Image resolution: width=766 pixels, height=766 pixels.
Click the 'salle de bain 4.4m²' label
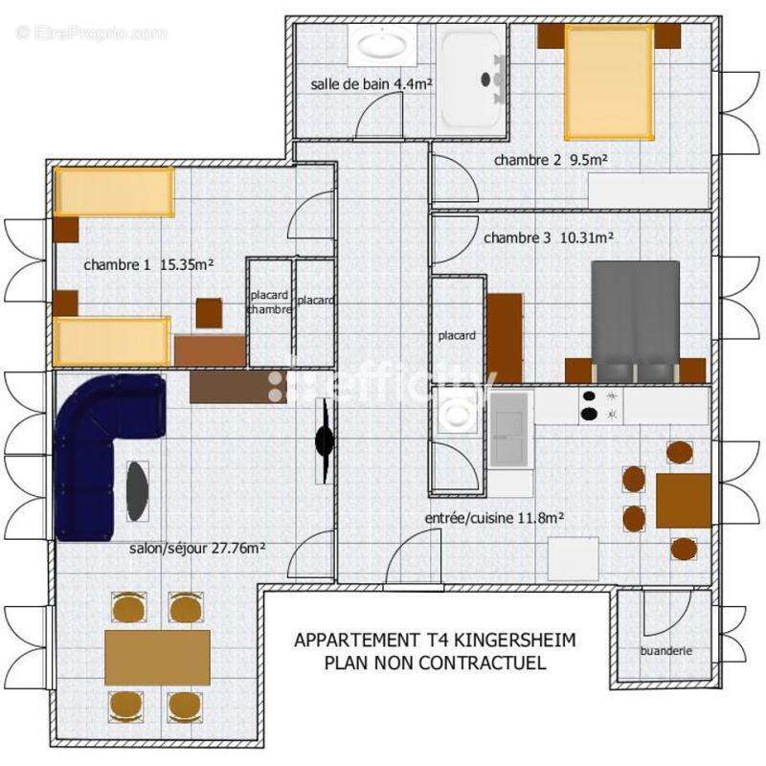pyautogui.click(x=372, y=84)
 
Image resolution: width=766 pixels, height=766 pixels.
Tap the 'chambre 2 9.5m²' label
pyautogui.click(x=552, y=160)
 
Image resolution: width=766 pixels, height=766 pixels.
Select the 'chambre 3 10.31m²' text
pyautogui.click(x=549, y=237)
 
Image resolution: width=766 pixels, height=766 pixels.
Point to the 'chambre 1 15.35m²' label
pyautogui.click(x=147, y=264)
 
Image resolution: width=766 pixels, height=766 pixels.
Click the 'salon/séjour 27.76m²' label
pyautogui.click(x=197, y=549)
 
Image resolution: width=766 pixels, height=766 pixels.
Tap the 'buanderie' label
pyautogui.click(x=665, y=651)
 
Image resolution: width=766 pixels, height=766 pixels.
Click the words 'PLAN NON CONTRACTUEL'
pyautogui.click(x=435, y=662)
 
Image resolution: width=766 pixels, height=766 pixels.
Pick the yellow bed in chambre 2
pyautogui.click(x=608, y=81)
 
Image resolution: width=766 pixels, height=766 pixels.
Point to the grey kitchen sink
pyautogui.click(x=511, y=429)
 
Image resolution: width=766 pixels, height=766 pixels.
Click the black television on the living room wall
pyautogui.click(x=325, y=440)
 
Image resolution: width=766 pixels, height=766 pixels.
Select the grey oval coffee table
pyautogui.click(x=138, y=490)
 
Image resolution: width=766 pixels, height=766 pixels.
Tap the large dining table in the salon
pyautogui.click(x=157, y=656)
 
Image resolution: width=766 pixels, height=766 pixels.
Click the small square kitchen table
pyautogui.click(x=683, y=500)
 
